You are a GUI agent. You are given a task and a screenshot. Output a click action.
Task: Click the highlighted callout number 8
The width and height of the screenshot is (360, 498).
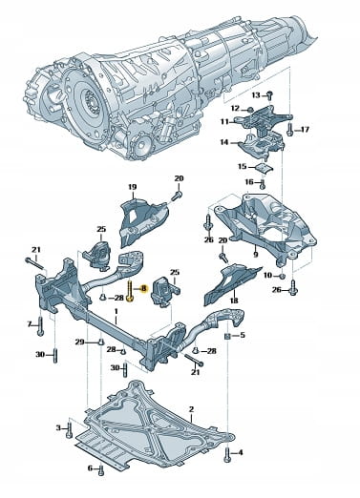(x=143, y=288)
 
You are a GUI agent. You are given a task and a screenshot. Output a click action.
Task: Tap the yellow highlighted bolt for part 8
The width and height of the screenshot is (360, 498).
(x=131, y=290)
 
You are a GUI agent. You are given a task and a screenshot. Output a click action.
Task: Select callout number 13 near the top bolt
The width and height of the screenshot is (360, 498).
(x=256, y=95)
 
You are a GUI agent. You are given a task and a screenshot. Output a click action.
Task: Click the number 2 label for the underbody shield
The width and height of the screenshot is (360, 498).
(x=191, y=409)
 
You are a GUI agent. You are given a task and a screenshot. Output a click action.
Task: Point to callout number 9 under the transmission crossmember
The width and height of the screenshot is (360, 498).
(x=256, y=255)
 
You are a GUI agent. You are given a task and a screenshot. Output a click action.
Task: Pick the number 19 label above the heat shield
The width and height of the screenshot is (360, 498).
(x=133, y=187)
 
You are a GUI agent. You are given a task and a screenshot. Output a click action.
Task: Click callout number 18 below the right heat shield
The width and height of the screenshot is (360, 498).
(x=234, y=301)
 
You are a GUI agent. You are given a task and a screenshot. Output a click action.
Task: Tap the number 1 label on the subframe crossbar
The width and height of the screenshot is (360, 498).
(x=116, y=311)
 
